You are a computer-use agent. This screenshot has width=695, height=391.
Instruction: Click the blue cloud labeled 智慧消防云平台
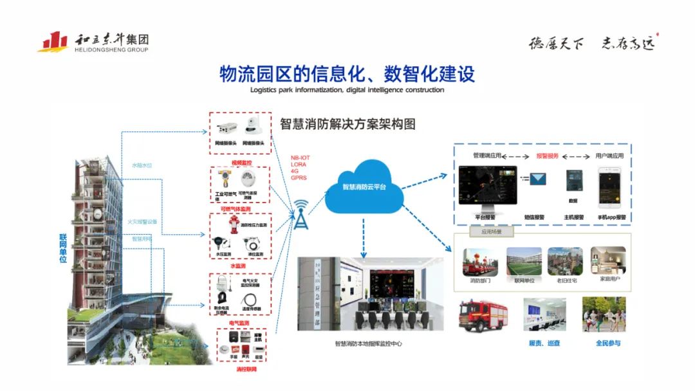tap(363, 188)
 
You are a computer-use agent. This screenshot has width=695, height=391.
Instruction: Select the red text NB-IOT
tap(300, 158)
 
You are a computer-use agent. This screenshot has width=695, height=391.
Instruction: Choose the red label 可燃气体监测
tap(239, 209)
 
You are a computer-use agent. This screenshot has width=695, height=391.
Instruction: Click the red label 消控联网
tap(239, 369)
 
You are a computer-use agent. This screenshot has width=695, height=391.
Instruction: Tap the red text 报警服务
tap(547, 156)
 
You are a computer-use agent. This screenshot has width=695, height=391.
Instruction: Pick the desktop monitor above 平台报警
tap(487, 186)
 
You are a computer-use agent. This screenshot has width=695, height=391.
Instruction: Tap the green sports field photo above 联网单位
tap(524, 262)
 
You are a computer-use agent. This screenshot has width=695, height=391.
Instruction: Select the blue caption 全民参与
tap(607, 343)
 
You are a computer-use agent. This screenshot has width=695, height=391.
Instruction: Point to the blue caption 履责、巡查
tap(544, 343)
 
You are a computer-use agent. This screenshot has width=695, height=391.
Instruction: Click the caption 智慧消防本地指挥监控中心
tap(368, 344)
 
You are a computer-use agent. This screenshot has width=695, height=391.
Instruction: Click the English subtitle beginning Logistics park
tap(347, 90)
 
